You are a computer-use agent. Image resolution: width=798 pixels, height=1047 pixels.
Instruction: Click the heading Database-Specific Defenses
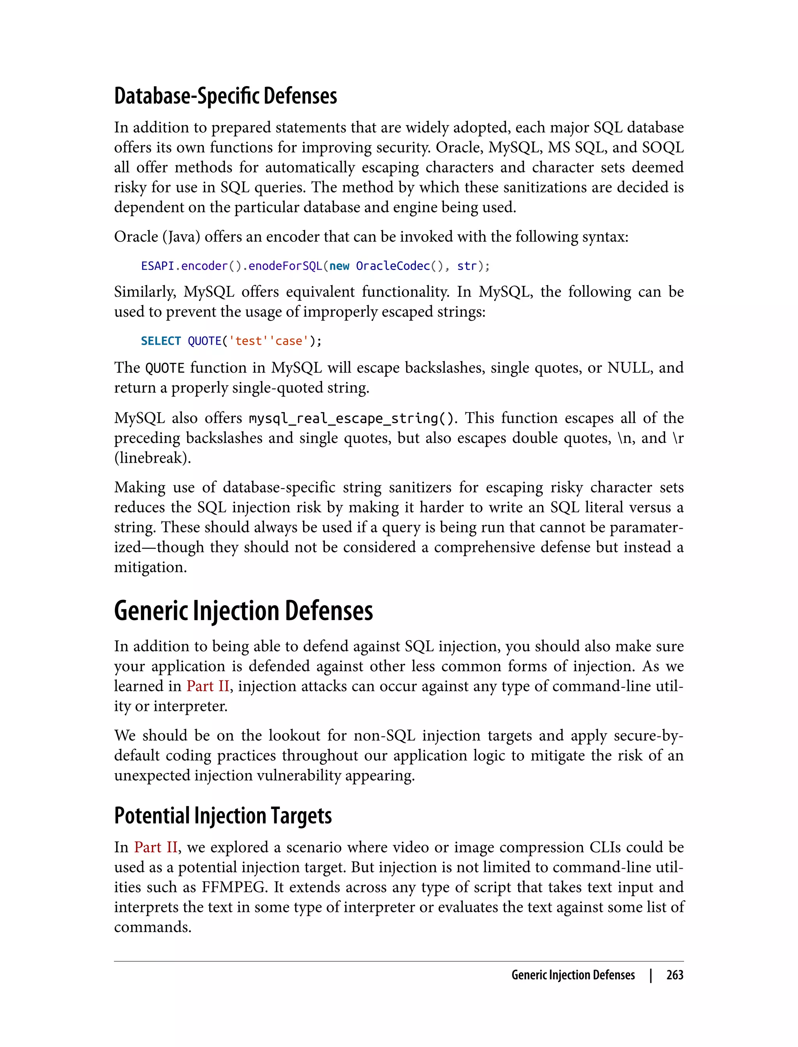(x=225, y=96)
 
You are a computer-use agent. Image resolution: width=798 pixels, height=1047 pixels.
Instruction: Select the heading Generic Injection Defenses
(x=243, y=611)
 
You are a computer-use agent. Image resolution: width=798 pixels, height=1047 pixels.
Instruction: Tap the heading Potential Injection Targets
(x=223, y=816)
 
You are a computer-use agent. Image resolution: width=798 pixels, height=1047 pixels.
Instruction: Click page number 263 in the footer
(x=674, y=975)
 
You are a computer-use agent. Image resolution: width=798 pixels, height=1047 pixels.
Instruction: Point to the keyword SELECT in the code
(x=161, y=341)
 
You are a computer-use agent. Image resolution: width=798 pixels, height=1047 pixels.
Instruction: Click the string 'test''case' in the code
(x=269, y=341)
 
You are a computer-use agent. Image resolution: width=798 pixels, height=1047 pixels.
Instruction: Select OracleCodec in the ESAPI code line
(x=393, y=266)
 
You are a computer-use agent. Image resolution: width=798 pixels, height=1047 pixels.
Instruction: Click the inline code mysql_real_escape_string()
(x=351, y=418)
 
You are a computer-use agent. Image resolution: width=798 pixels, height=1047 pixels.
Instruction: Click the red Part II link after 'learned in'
(x=208, y=686)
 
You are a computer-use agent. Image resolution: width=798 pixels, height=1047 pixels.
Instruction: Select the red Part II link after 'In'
(x=156, y=847)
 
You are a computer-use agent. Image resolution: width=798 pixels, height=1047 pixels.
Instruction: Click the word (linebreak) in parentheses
(x=152, y=458)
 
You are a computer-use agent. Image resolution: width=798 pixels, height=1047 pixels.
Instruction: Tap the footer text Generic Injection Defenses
(x=573, y=975)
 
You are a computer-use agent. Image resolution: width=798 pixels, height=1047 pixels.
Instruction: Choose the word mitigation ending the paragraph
(x=150, y=567)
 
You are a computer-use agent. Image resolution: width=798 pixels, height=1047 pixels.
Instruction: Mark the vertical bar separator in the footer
(x=651, y=975)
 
